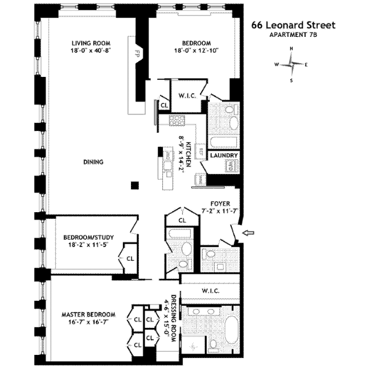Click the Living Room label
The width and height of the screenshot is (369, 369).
[89, 42]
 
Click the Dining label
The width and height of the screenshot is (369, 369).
[93, 162]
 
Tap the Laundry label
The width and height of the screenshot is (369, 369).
[224, 156]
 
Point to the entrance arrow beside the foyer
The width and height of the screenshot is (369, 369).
[248, 232]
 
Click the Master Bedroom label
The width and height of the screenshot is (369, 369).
[85, 314]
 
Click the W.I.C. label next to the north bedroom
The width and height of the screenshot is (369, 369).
[186, 96]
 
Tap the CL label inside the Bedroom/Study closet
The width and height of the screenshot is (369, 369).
[130, 258]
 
